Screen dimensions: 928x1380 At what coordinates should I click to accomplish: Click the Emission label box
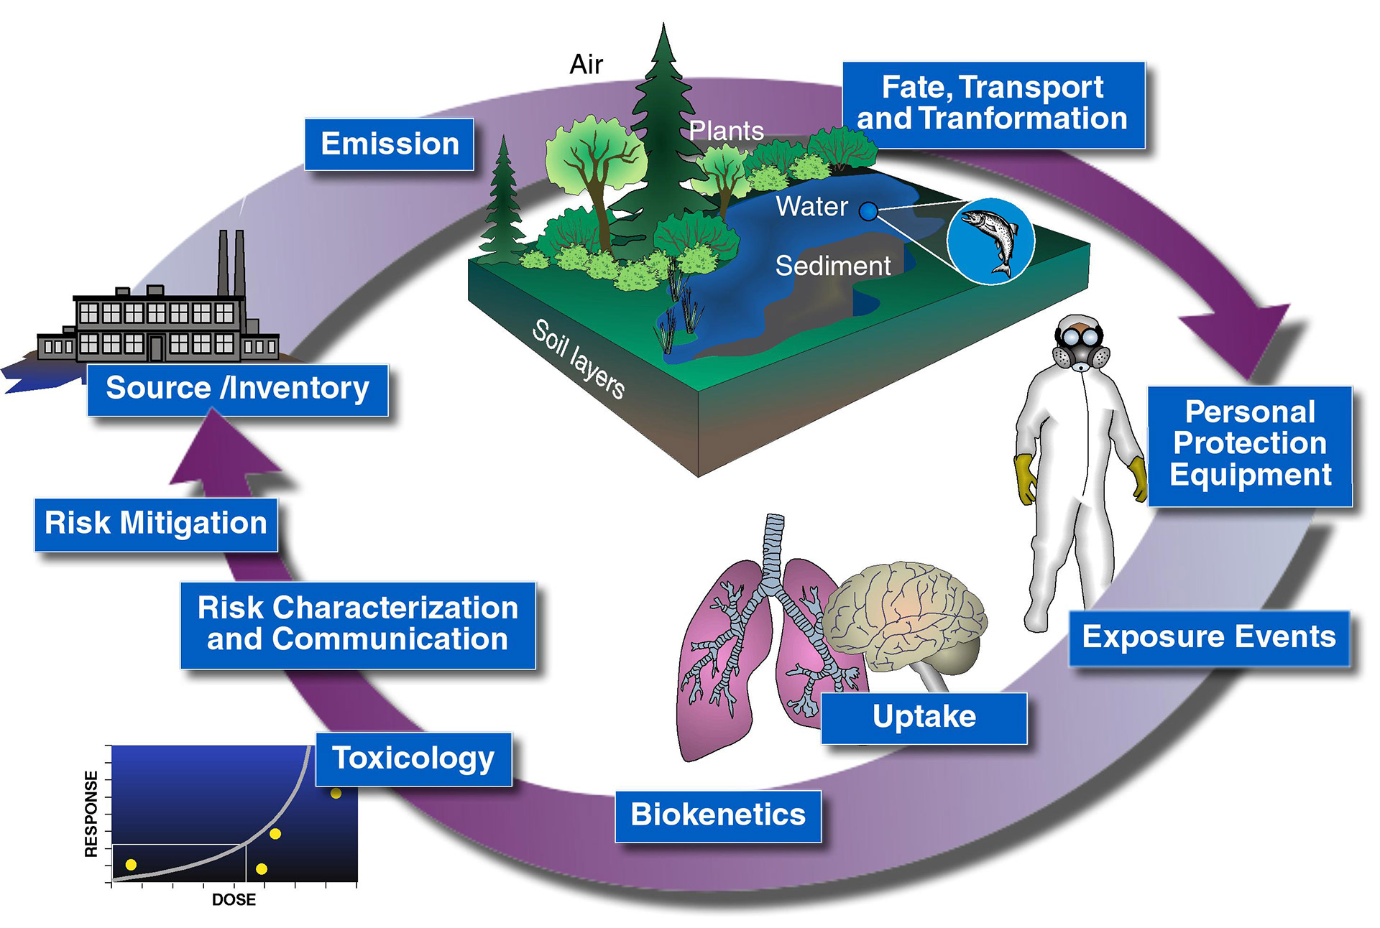tap(389, 144)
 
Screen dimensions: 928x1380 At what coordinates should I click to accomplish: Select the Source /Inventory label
tap(237, 389)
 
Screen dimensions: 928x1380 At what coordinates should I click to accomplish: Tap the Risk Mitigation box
tap(156, 524)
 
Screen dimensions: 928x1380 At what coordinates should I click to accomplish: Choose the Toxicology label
tap(413, 758)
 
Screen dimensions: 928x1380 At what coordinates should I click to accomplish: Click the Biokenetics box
tap(718, 815)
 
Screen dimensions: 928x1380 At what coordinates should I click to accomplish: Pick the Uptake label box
tap(924, 717)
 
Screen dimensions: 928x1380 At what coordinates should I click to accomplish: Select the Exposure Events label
tap(1209, 638)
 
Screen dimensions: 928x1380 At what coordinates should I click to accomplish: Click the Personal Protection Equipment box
tap(1250, 445)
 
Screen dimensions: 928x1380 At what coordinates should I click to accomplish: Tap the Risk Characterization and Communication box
tap(358, 624)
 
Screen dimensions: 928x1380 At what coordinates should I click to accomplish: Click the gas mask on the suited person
tap(1080, 350)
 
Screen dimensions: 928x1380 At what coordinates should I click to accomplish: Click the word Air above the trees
tap(586, 65)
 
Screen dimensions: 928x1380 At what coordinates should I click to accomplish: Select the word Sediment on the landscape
tap(832, 266)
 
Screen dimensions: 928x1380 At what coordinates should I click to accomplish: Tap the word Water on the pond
tap(811, 207)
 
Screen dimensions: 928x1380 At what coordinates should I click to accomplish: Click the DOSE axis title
tap(234, 899)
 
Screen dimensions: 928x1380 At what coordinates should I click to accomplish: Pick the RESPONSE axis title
tap(91, 814)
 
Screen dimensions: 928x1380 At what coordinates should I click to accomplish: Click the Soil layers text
tap(579, 359)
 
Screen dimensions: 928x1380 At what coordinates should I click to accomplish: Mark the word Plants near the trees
tap(726, 131)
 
